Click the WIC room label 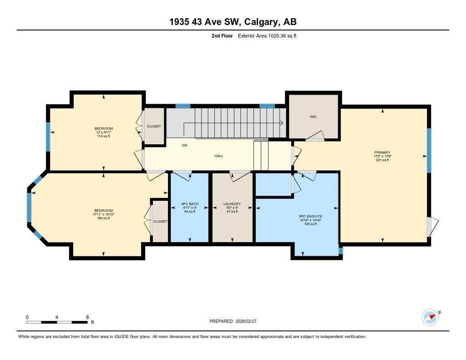(313, 117)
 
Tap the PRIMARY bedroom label (382, 152)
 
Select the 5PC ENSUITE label (298, 217)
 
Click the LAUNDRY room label (232, 204)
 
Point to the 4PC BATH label (189, 204)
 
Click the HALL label (219, 156)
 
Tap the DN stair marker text (184, 146)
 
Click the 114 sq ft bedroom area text (103, 136)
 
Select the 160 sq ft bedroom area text (103, 218)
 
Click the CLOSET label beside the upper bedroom (154, 126)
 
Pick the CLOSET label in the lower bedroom (160, 221)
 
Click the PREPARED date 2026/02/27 (249, 321)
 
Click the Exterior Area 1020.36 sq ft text (267, 36)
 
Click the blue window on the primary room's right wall (429, 151)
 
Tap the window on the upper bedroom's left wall (48, 137)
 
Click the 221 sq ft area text (382, 160)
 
